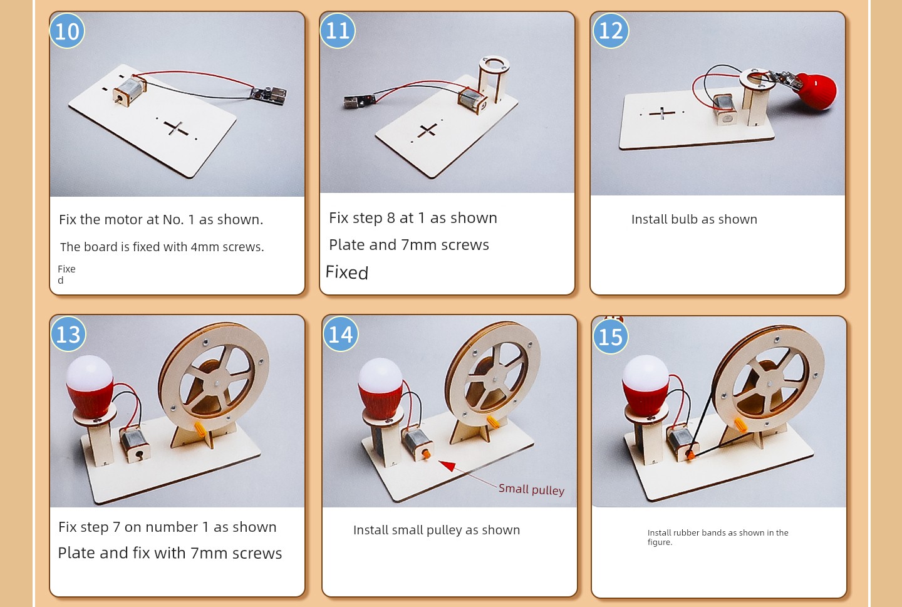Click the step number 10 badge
67,31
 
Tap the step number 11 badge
338,31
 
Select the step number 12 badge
611,31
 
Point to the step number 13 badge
68,334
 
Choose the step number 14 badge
341,334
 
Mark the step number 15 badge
611,336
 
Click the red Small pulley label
532,489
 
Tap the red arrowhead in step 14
448,465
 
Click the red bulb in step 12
814,91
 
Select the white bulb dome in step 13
90,373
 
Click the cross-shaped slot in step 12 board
662,113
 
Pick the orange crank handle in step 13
200,428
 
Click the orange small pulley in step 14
426,454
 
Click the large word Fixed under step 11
347,272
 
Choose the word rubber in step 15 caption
686,532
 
